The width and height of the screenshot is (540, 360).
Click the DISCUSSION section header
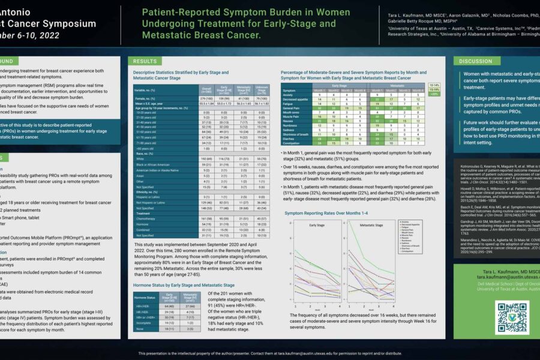(x=476, y=61)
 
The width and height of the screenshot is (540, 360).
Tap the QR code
(x=511, y=316)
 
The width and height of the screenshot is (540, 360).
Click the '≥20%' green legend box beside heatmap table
(x=435, y=94)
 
